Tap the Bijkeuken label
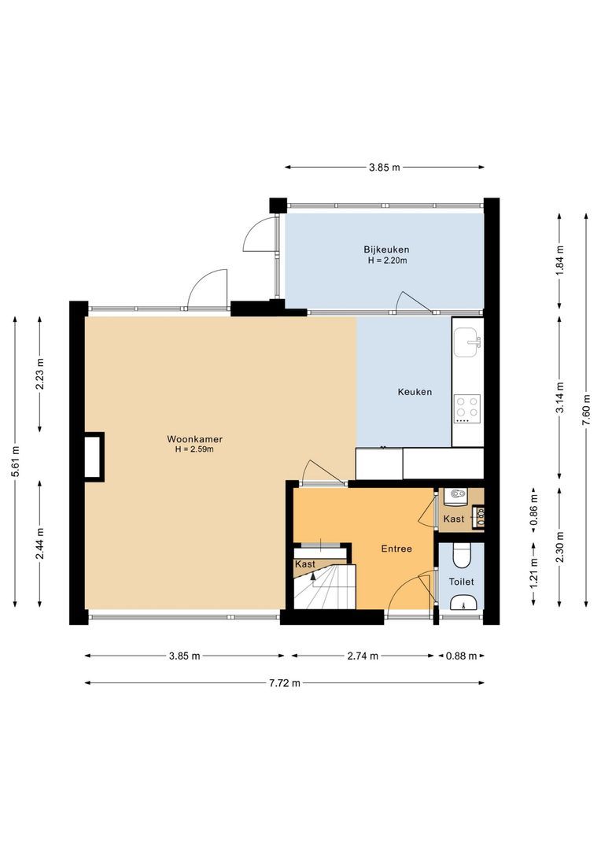(x=386, y=249)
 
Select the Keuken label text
(x=415, y=392)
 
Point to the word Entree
(x=396, y=549)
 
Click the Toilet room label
(x=461, y=582)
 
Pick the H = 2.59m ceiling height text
(x=194, y=449)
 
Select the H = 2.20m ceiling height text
(x=386, y=261)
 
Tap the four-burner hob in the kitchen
(x=467, y=407)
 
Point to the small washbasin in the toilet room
(x=462, y=604)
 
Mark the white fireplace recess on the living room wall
(x=93, y=456)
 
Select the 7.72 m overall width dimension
(x=285, y=683)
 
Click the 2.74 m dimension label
(x=363, y=656)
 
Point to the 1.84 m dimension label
(x=559, y=259)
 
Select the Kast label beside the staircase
(x=305, y=564)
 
